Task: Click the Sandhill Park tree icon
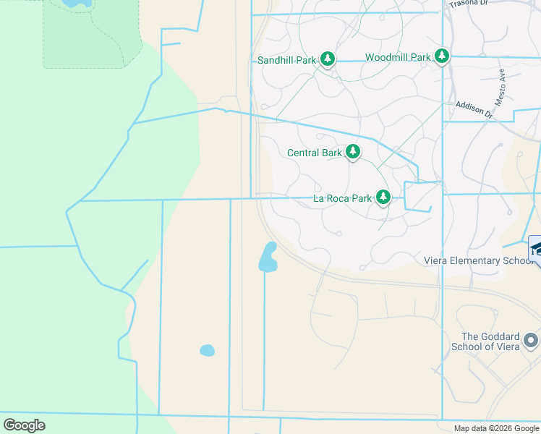(328, 59)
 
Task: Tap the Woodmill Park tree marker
(442, 56)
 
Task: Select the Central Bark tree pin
(353, 152)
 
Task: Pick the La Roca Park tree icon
(383, 197)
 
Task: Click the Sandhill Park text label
(286, 60)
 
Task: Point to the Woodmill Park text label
(398, 57)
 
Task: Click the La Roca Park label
(342, 198)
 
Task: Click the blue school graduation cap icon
(536, 248)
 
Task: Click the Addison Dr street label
(474, 110)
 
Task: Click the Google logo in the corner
(25, 425)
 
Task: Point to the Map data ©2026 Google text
(496, 428)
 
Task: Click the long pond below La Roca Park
(268, 257)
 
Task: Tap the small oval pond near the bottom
(207, 351)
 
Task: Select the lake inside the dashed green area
(77, 3)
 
